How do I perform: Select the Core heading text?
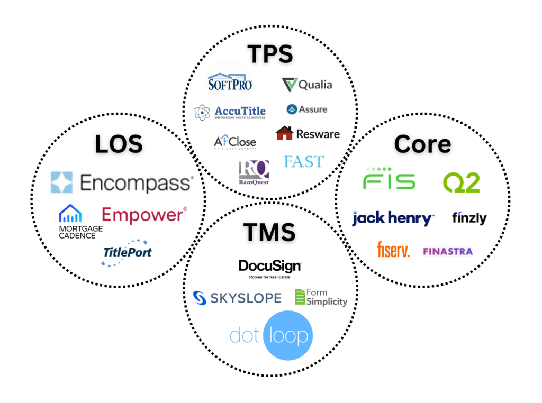422,144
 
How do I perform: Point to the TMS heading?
270,233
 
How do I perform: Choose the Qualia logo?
308,85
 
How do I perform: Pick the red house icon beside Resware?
284,133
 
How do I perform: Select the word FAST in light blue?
304,161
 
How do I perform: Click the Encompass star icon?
61,182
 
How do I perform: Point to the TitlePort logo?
127,252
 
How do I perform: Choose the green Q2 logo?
461,182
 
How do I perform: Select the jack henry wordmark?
393,217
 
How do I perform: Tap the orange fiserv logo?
393,250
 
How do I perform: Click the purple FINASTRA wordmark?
447,251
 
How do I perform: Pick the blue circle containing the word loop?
288,335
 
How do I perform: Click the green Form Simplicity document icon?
300,297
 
